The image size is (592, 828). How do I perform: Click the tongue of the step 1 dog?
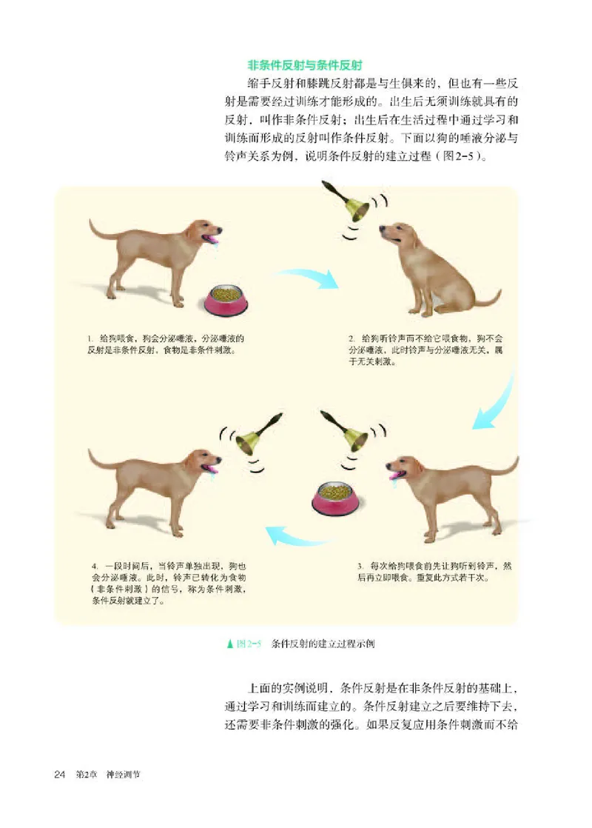coord(214,240)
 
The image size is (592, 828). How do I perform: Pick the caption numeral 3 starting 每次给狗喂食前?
coord(359,565)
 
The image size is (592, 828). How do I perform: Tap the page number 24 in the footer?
coord(60,775)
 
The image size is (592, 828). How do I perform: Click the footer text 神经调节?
coord(123,775)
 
